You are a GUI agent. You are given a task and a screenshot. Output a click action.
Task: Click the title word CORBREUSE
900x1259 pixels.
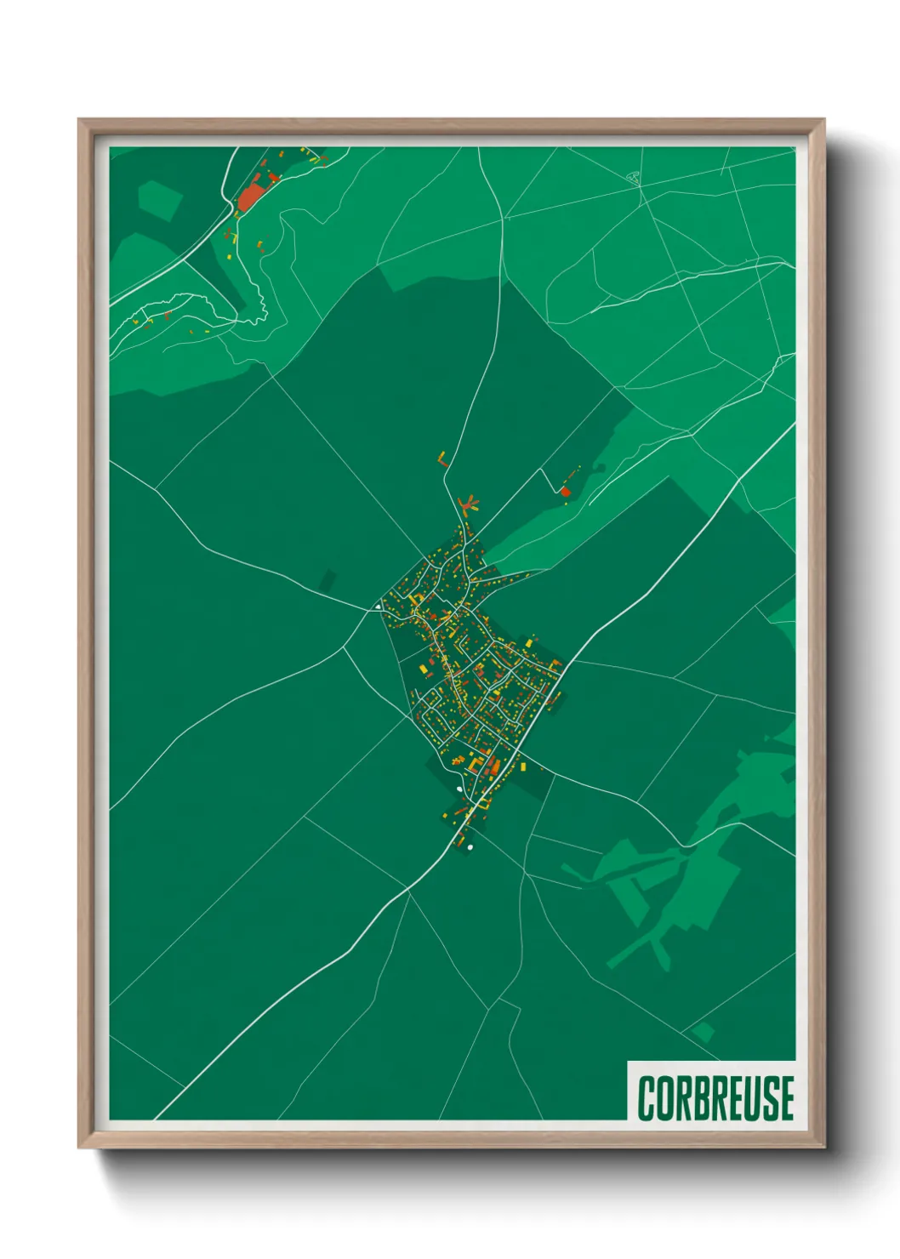click(x=715, y=1097)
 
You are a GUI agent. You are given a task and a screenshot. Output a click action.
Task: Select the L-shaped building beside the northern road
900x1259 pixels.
click(x=442, y=460)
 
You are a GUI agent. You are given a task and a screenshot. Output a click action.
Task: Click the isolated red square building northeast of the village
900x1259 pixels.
click(x=565, y=492)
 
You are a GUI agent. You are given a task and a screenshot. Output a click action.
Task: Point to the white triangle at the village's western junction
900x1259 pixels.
click(x=377, y=607)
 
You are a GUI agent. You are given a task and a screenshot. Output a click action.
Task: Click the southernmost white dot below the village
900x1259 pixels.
click(x=470, y=847)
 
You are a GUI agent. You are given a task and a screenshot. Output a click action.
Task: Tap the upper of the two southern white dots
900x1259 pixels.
click(x=459, y=789)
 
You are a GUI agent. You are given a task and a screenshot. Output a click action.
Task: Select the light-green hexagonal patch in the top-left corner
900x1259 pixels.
click(x=159, y=201)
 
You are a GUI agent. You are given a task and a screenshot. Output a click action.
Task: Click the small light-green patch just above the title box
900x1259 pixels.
click(x=703, y=1033)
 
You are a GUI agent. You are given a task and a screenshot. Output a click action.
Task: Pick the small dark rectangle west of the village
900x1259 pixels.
click(x=328, y=582)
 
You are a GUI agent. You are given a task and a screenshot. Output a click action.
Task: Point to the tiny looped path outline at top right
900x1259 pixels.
click(x=633, y=177)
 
